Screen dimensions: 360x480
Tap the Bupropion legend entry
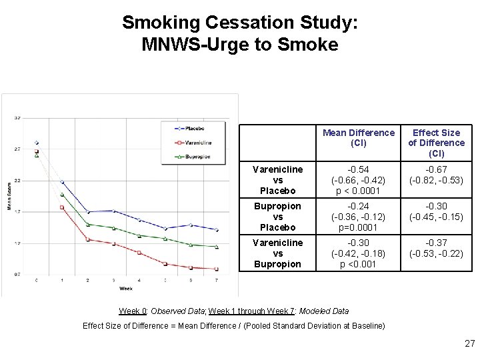point(197,156)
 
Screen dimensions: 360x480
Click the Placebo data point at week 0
point(37,143)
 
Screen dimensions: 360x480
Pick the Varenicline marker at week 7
point(217,269)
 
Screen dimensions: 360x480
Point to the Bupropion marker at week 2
point(88,225)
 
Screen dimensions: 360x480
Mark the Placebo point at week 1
point(62,182)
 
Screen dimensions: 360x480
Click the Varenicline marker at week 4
point(139,253)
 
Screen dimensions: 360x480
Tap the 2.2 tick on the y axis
point(17,180)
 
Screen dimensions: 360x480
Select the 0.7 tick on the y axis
point(17,274)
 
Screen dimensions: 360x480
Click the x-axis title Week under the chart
point(126,289)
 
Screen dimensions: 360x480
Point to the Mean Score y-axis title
point(9,196)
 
